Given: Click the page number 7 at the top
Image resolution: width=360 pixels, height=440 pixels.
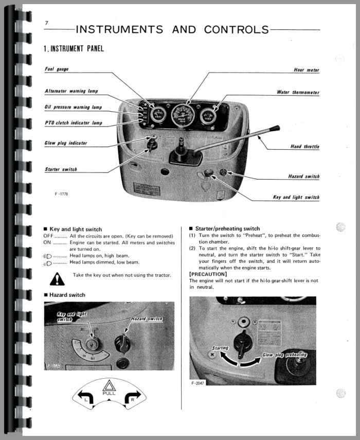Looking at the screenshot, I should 46,23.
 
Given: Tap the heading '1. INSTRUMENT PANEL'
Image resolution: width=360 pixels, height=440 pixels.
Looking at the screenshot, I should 74,48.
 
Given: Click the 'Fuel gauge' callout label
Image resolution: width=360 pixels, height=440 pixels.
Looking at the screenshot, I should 56,69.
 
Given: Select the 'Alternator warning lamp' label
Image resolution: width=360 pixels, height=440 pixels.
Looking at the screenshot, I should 71,91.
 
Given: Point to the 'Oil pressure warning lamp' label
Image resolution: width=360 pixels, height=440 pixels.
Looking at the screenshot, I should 73,107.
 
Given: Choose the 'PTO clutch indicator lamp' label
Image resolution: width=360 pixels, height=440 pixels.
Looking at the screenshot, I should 73,123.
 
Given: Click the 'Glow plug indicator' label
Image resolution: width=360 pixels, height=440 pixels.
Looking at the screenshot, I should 66,143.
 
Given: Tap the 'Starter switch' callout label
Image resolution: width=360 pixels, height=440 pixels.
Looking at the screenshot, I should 61,169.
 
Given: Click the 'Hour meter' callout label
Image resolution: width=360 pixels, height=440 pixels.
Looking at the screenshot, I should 307,70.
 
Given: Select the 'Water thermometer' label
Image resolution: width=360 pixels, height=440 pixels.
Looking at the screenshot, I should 298,93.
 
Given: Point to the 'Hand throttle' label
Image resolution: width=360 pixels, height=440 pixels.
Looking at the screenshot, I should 304,147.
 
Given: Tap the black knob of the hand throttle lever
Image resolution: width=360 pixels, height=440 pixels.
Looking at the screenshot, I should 274,129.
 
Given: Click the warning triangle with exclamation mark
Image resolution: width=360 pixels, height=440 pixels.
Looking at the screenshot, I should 57,279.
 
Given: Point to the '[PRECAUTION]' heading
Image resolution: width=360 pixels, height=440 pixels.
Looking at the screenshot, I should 208,274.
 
